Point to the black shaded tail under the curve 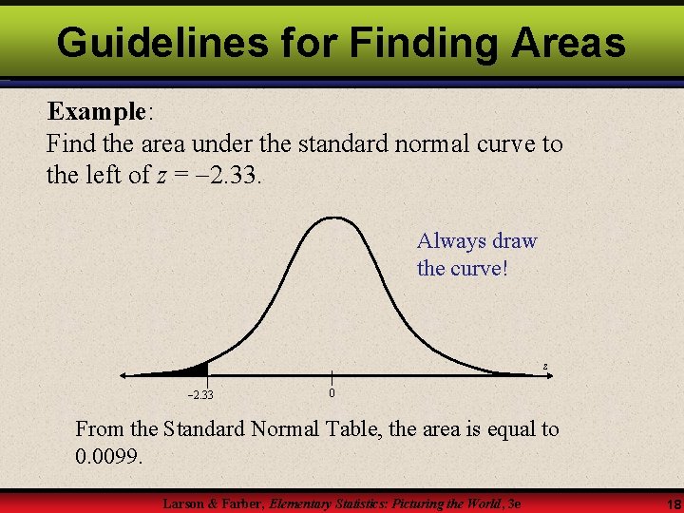click(x=197, y=370)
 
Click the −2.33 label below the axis click(x=199, y=395)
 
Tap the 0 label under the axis click(x=331, y=393)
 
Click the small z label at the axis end click(x=545, y=366)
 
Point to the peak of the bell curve click(x=331, y=218)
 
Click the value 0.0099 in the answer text click(x=108, y=457)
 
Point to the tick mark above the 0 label click(x=331, y=377)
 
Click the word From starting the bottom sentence click(x=99, y=429)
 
